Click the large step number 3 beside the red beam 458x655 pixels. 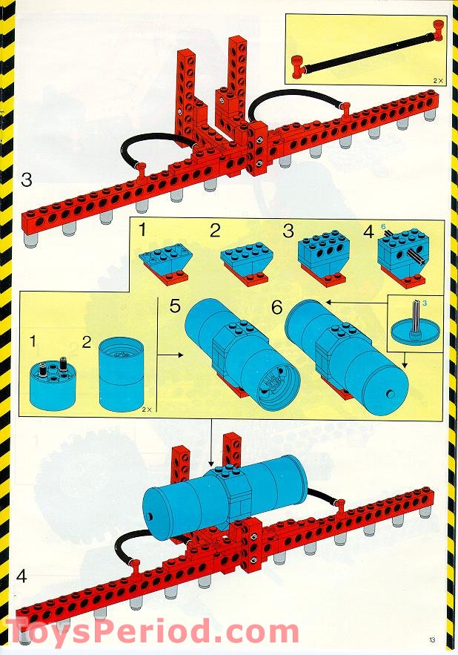click(x=27, y=179)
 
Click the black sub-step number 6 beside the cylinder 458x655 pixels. click(x=278, y=306)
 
